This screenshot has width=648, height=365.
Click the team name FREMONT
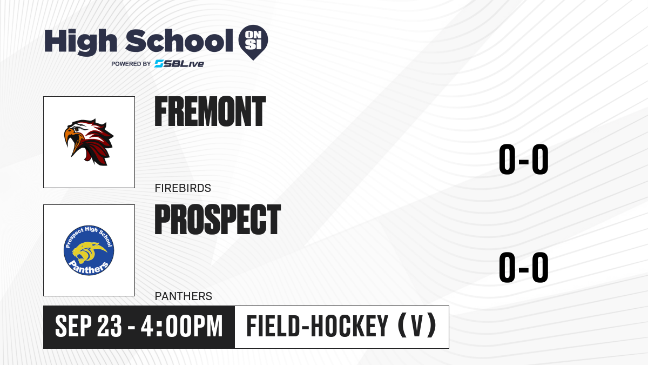[x=210, y=111]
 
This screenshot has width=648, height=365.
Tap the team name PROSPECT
[x=218, y=220]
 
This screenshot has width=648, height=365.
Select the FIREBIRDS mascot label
[x=183, y=188]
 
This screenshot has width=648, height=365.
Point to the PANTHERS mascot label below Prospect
[x=184, y=296]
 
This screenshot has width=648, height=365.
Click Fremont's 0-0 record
[x=524, y=159]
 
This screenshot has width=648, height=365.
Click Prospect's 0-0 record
[x=524, y=267]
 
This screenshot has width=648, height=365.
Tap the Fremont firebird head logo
[x=89, y=142]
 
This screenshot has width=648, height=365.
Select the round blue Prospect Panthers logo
[x=89, y=250]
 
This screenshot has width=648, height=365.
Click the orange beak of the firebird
[x=70, y=140]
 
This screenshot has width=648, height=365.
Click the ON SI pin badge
[x=253, y=42]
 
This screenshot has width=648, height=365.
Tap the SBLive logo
[x=179, y=64]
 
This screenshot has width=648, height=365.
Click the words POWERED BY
[x=131, y=64]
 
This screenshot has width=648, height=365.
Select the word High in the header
[x=80, y=42]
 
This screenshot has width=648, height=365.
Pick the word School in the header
[x=179, y=41]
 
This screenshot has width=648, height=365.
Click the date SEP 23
[x=89, y=326]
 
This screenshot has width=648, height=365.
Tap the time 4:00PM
[x=181, y=326]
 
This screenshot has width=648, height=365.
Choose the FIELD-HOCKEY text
[x=318, y=326]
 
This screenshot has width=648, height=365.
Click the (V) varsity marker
[x=417, y=326]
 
